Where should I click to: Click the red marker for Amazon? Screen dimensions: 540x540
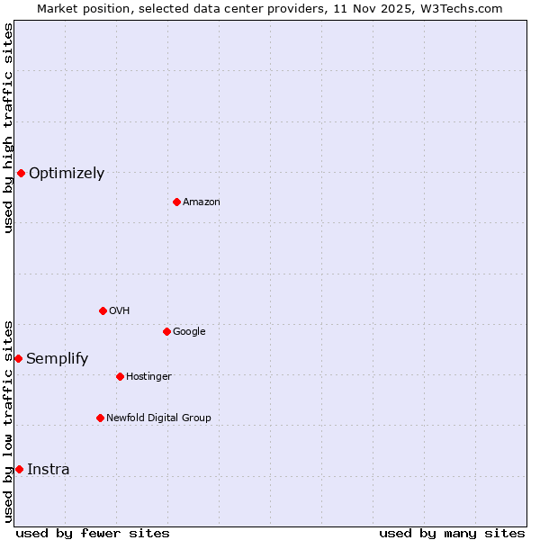[176, 202]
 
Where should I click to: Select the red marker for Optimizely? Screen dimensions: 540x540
[21, 173]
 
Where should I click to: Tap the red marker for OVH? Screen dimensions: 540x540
[103, 310]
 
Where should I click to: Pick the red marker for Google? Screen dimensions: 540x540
[166, 331]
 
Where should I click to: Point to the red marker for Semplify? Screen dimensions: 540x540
[18, 358]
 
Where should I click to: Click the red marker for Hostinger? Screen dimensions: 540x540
[120, 376]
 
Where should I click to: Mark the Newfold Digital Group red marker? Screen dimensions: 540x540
[100, 418]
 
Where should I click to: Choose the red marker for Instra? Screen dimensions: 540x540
[19, 469]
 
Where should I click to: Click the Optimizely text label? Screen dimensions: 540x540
[67, 174]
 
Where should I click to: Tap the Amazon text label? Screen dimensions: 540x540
[202, 202]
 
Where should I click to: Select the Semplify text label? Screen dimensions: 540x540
[58, 359]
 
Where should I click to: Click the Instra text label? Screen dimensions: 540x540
[49, 470]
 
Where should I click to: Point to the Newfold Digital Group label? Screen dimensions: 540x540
[159, 418]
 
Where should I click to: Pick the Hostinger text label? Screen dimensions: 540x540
[148, 376]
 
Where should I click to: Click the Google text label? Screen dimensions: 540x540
[189, 332]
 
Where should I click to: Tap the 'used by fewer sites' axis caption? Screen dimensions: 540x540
[93, 533]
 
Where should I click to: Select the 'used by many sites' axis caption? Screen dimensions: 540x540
[452, 533]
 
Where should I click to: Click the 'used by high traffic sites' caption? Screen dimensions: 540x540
[9, 128]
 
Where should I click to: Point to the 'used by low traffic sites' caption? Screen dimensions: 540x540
[9, 420]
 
